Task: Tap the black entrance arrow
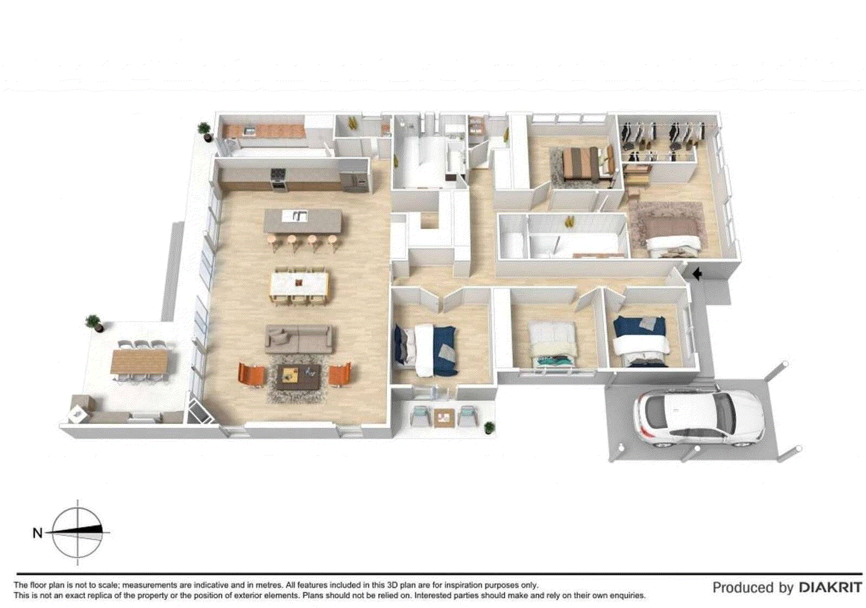click(x=697, y=274)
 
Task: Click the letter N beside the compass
click(x=37, y=533)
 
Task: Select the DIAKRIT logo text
click(x=830, y=587)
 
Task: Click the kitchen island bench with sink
click(x=303, y=220)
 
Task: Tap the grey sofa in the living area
click(x=299, y=339)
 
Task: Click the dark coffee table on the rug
click(x=298, y=376)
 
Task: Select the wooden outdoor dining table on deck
click(x=140, y=361)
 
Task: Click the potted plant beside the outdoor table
click(x=95, y=323)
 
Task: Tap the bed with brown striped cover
click(x=581, y=163)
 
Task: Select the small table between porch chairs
click(x=443, y=417)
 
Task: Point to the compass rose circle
click(x=77, y=533)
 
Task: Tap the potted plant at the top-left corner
click(x=204, y=130)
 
